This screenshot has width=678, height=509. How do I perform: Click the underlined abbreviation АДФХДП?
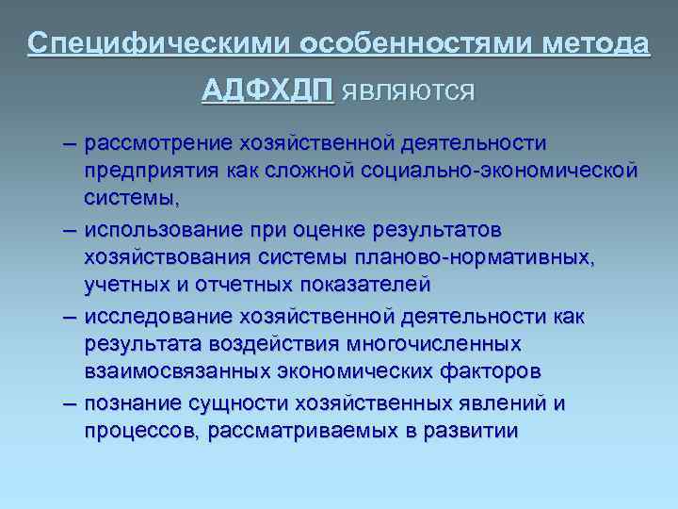[x=267, y=90]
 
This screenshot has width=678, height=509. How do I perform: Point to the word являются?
[x=408, y=91]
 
